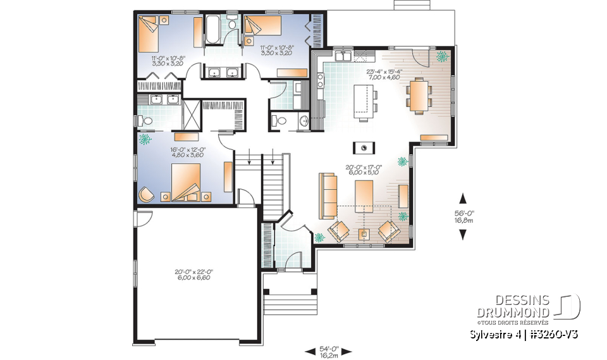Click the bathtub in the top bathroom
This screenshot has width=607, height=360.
[x=213, y=27]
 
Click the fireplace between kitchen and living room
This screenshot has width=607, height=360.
[x=364, y=147]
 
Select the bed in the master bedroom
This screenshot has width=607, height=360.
[x=184, y=180]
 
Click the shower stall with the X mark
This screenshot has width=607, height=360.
[x=191, y=114]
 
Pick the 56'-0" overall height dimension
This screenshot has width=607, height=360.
[x=463, y=216]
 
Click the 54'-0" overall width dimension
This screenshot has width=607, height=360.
[x=328, y=350]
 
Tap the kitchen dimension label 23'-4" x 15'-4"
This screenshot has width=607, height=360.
[x=383, y=75]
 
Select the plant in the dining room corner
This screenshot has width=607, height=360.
[x=441, y=56]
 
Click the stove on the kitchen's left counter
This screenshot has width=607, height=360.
[x=320, y=80]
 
